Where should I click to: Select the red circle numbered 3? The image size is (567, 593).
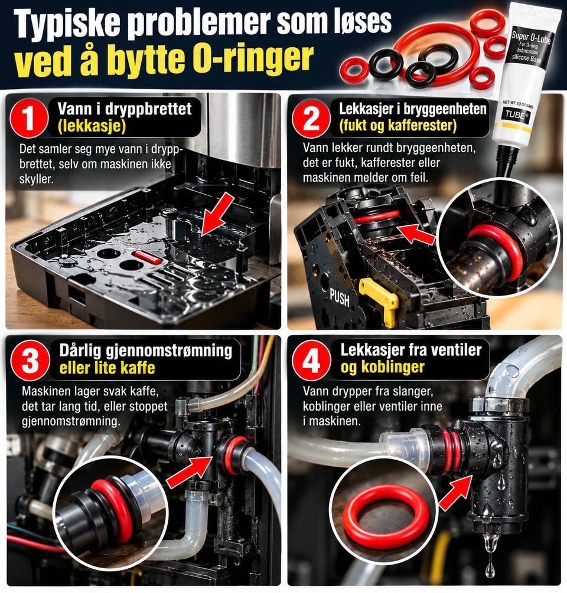[30, 361]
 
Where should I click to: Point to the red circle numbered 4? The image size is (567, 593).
[311, 361]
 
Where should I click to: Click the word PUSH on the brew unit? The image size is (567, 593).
[340, 297]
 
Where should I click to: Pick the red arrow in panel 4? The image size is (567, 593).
[456, 492]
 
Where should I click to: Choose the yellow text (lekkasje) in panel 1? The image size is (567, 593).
[92, 126]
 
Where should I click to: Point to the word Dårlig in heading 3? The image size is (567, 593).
[80, 351]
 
